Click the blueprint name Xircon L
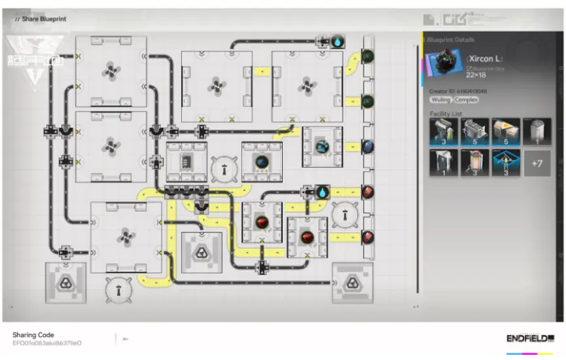click(483, 59)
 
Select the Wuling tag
click(440, 99)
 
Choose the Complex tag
click(465, 99)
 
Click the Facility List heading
click(446, 114)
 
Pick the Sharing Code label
click(33, 334)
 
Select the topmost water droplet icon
click(338, 41)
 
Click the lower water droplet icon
click(323, 192)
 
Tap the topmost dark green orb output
click(368, 56)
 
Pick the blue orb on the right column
click(368, 147)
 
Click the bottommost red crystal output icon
click(368, 236)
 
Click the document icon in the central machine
click(186, 160)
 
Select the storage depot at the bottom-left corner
click(65, 283)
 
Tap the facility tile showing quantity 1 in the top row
click(537, 132)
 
